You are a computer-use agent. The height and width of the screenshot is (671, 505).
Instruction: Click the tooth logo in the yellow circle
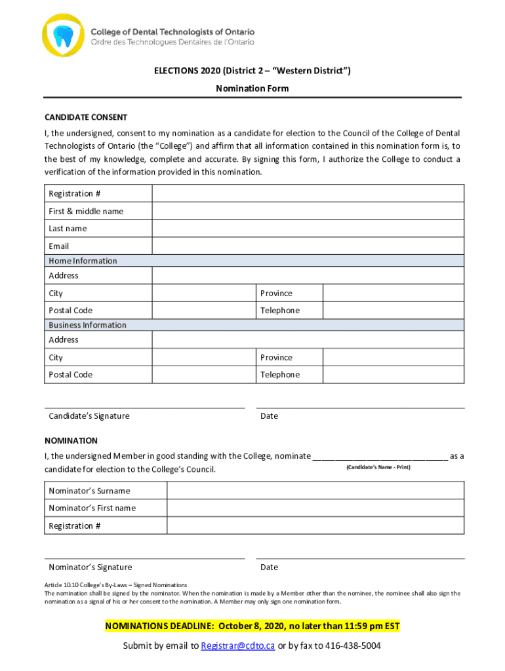click(64, 35)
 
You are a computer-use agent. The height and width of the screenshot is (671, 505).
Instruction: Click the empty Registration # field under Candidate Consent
click(308, 193)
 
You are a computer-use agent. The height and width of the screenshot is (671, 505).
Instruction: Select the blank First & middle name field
click(308, 211)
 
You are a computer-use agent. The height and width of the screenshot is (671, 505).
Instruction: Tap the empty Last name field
click(308, 228)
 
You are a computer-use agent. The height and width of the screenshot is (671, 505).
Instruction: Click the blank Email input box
click(308, 246)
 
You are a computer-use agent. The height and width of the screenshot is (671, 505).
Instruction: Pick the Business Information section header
click(88, 325)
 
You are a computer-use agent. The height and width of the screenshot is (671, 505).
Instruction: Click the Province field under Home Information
click(394, 293)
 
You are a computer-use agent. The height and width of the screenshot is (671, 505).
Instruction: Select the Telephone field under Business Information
click(394, 374)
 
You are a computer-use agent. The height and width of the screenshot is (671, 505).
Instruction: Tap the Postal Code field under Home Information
click(203, 310)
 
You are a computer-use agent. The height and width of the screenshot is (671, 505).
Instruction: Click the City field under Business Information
click(203, 357)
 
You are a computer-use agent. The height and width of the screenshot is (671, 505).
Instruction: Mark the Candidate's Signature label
click(89, 416)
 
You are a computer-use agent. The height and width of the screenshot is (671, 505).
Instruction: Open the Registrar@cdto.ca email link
click(237, 646)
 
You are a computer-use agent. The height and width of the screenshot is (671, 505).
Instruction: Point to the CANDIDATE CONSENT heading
click(86, 117)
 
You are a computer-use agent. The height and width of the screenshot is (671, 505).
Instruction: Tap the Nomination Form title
click(253, 88)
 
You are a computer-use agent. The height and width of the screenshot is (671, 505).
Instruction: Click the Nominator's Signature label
click(91, 567)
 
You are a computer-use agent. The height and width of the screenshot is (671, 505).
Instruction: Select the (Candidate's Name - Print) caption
click(378, 467)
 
